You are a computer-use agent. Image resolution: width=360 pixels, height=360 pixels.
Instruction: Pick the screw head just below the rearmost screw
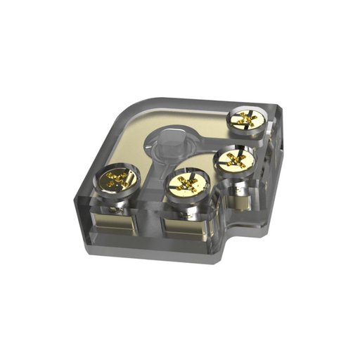[x=234, y=160]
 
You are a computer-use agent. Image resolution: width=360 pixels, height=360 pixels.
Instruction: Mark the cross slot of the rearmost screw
[x=246, y=121]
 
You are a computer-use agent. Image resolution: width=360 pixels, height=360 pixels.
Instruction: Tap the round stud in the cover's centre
[x=169, y=144]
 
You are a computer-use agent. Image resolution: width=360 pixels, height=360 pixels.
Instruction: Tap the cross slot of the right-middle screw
[x=234, y=160]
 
